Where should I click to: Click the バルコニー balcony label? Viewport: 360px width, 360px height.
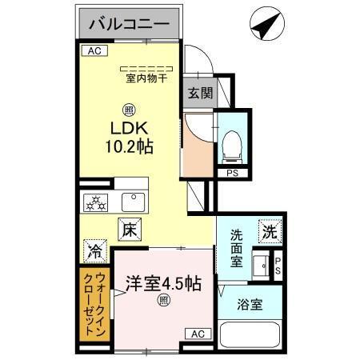(128, 24)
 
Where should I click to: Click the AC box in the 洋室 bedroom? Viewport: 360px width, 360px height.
(197, 334)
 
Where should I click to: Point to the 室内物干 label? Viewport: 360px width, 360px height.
(146, 78)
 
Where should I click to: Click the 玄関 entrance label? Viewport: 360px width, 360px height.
(201, 93)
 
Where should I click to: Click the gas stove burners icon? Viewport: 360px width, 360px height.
(95, 203)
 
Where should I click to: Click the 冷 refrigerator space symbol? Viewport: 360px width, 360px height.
(94, 250)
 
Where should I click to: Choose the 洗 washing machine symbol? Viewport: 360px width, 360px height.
(266, 232)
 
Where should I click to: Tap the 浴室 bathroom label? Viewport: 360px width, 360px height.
(249, 304)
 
